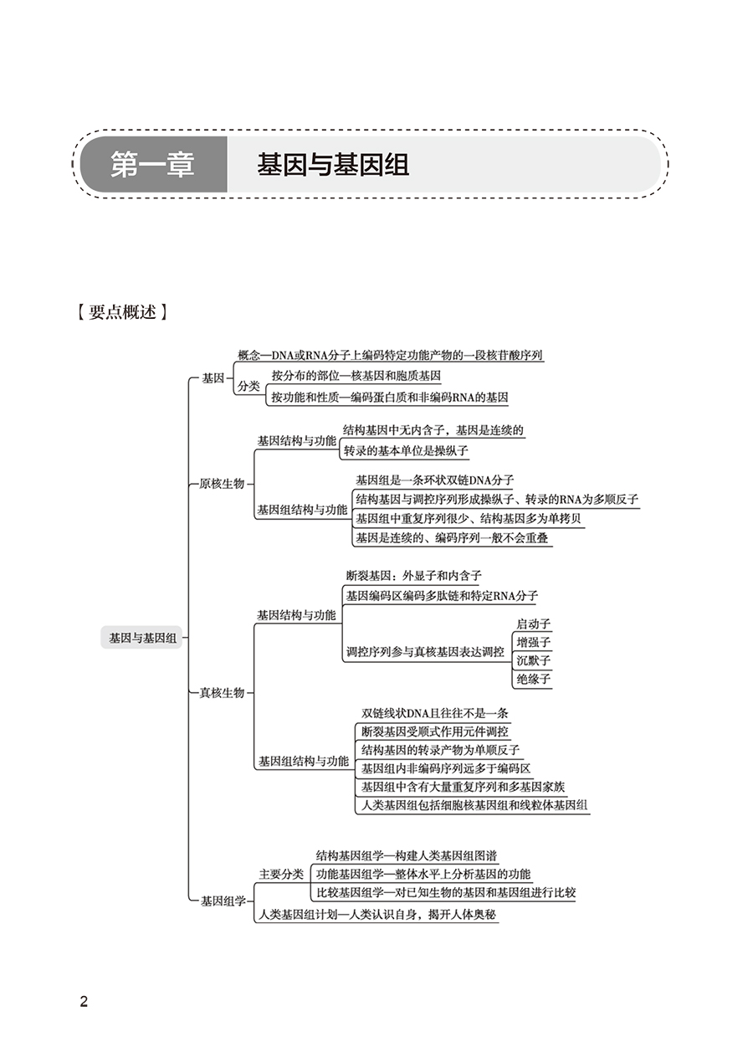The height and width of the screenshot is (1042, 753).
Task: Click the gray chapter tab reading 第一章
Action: click(x=153, y=165)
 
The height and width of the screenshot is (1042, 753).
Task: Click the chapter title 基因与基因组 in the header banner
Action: click(x=333, y=165)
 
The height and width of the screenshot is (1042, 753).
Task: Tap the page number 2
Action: click(x=83, y=1002)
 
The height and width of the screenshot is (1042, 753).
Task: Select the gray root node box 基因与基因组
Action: click(x=143, y=638)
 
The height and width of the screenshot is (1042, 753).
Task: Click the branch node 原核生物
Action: click(x=222, y=484)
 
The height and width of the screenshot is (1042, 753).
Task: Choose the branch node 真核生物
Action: click(x=222, y=693)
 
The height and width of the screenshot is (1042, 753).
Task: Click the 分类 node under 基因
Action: click(x=249, y=386)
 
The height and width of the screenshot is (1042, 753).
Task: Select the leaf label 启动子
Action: click(x=534, y=624)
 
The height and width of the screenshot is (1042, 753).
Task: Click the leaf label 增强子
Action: click(x=534, y=643)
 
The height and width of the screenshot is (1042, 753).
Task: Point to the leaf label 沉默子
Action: click(x=534, y=661)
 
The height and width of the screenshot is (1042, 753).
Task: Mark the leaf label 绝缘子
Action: click(x=534, y=680)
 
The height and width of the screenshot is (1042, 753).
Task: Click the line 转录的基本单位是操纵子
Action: click(x=406, y=450)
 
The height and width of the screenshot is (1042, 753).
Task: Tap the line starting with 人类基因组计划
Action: click(x=377, y=914)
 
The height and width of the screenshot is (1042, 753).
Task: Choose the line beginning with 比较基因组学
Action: click(x=446, y=892)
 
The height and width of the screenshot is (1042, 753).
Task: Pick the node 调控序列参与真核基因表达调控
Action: click(x=425, y=651)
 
